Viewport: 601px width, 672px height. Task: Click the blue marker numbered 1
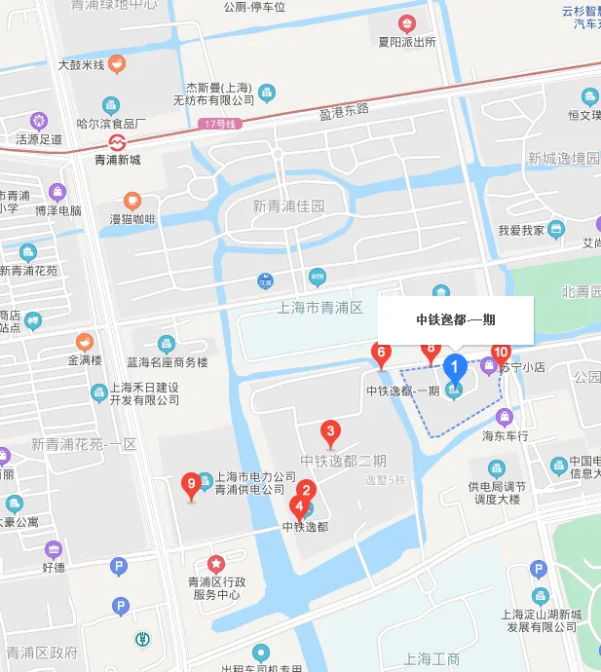point(453,368)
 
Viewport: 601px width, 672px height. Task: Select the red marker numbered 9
point(191,483)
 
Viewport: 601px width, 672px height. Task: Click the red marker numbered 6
point(382,353)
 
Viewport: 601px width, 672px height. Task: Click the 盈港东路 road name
point(344,109)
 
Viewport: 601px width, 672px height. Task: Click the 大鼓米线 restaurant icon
point(117,64)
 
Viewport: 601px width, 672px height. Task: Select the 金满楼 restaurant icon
point(85,342)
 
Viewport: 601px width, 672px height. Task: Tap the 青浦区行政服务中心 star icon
point(215,564)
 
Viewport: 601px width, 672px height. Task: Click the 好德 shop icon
point(54,549)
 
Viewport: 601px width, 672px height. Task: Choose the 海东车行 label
point(505,436)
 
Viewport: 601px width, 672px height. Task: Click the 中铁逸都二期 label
point(343,461)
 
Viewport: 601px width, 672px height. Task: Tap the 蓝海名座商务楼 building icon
point(167,344)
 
